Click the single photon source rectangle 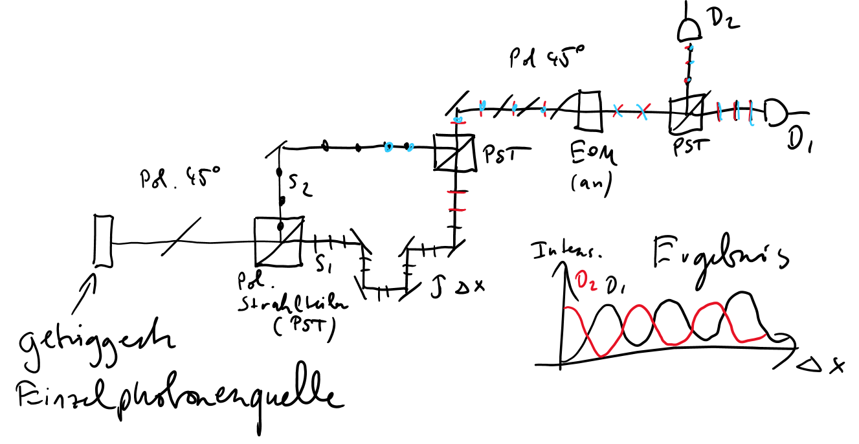tap(102, 241)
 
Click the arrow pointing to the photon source tap(89, 285)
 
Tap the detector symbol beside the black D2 tap(690, 28)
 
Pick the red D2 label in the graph tap(587, 282)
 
